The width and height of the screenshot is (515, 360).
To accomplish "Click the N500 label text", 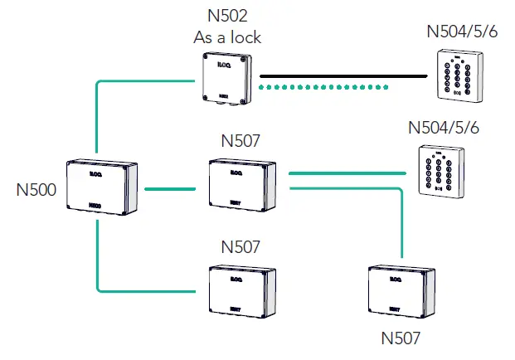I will click(36, 191).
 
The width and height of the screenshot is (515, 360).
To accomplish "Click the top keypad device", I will click(458, 75).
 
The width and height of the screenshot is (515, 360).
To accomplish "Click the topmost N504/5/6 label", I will click(462, 32).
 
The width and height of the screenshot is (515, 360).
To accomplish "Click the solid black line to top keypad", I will click(340, 77).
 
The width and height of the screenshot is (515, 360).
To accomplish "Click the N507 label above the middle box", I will click(240, 141).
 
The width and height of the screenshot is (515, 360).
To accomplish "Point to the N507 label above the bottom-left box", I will click(240, 247).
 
